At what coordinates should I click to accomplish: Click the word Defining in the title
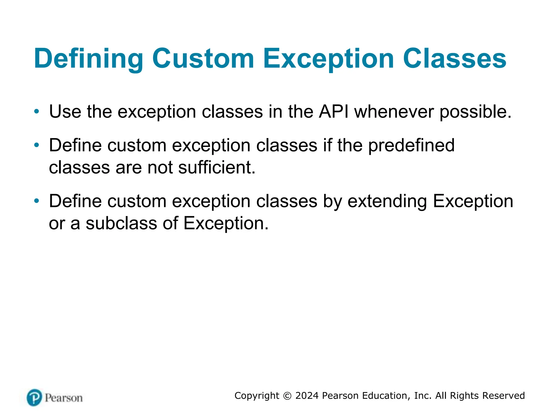pos(88,59)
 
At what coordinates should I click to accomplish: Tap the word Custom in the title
pos(203,59)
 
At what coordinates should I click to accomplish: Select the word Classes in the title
pos(454,59)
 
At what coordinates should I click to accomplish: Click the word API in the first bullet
pos(334,112)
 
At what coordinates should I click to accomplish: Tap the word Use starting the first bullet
pos(65,112)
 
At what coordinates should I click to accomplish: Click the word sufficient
pos(217,168)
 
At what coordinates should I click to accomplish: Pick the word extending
pos(387,202)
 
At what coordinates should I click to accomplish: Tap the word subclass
pos(121,223)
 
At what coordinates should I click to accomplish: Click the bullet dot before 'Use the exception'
pos(37,111)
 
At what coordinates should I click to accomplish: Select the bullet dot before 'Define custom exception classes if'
pos(37,145)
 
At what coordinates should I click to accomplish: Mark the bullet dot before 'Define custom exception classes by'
pos(37,201)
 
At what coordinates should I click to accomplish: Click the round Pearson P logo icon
pos(34,398)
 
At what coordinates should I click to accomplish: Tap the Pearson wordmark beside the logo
pos(64,398)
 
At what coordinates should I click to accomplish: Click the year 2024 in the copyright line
pos(307,396)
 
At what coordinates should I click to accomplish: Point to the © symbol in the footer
pos(287,396)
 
